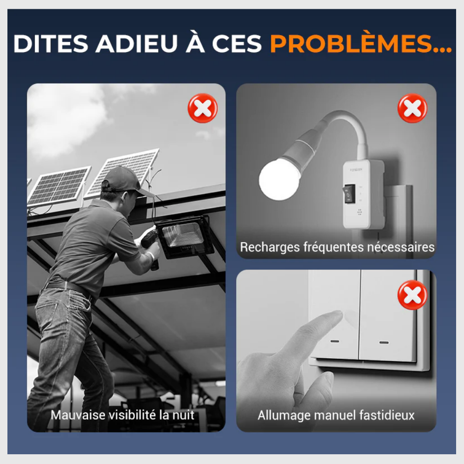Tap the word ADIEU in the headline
click(x=136, y=44)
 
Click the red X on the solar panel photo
click(x=203, y=108)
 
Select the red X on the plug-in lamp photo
click(x=412, y=108)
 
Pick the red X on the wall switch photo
click(x=412, y=295)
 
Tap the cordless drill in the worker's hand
click(x=151, y=245)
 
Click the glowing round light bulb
click(x=279, y=179)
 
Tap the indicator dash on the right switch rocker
click(x=384, y=343)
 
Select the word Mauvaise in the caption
click(x=78, y=415)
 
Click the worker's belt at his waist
click(x=66, y=288)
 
